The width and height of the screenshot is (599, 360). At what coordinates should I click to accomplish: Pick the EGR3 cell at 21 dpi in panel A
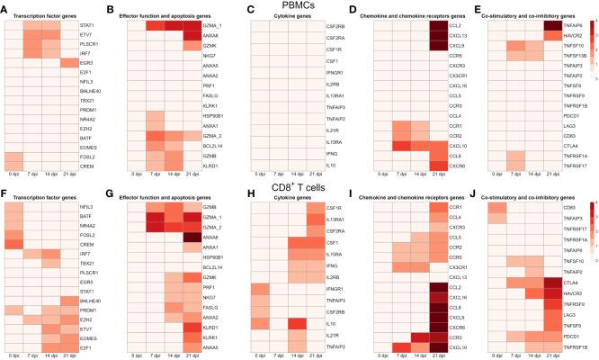tap(68, 63)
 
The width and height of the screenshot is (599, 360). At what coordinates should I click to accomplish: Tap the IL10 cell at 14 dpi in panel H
tap(297, 321)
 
